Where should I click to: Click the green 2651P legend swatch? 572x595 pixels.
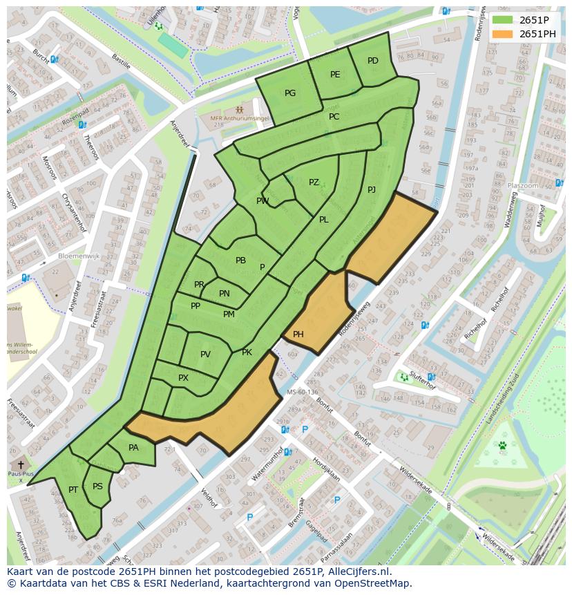coord(503,19)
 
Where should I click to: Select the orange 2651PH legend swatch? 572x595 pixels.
coord(503,34)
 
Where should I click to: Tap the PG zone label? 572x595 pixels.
coord(290,93)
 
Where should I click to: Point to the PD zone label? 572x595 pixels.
coord(373,61)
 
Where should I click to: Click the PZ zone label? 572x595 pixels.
coord(314,182)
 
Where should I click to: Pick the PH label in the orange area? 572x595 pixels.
coord(298,334)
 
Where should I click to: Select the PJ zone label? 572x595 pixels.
coord(372,189)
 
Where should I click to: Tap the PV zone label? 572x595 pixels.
coord(205,355)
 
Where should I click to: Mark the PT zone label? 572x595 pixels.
coord(73,490)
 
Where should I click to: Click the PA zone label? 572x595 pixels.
coord(133,448)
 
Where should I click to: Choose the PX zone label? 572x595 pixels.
coord(183,378)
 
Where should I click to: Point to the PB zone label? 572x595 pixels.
coord(240,261)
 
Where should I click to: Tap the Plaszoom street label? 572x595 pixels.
coord(523,186)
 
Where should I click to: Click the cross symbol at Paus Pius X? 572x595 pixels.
coord(21,465)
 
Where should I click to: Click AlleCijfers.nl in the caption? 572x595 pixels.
coord(360,572)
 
